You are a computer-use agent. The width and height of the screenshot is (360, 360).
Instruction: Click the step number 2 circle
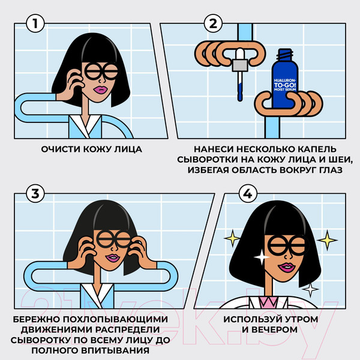212,25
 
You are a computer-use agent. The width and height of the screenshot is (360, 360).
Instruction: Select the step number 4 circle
247,194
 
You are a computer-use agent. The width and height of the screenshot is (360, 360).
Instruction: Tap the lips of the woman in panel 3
112,257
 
